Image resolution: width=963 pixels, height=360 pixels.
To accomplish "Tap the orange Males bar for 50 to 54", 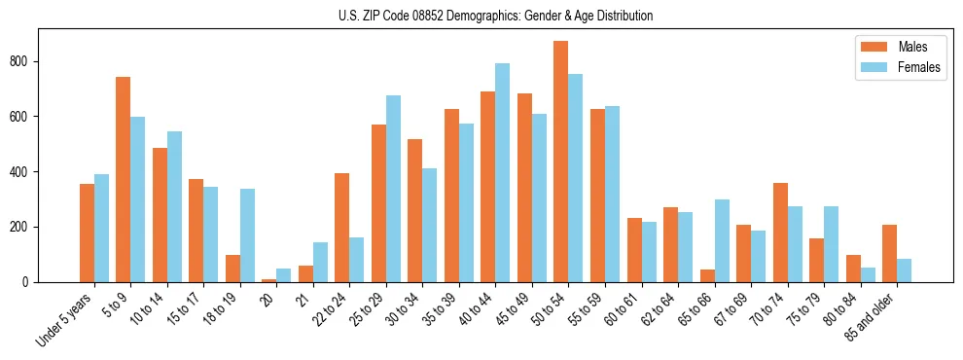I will point(561,162).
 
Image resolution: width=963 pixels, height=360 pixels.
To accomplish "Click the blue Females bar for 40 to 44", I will point(502,172).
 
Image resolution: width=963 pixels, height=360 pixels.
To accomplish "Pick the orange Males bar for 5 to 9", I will point(123,179).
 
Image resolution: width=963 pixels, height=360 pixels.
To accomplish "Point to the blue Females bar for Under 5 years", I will point(101,228).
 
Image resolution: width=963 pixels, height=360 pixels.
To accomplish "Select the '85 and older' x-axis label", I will point(873,318).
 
